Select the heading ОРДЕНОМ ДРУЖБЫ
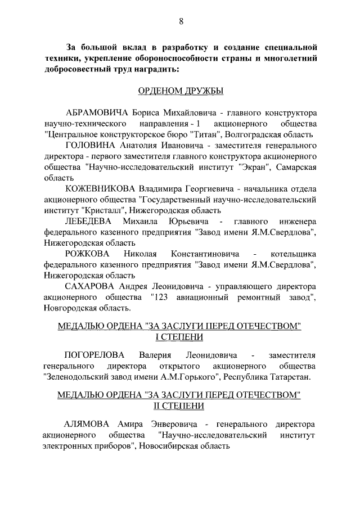pos(180,91)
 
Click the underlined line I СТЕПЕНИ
pos(180,337)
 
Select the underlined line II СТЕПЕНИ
pos(180,406)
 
